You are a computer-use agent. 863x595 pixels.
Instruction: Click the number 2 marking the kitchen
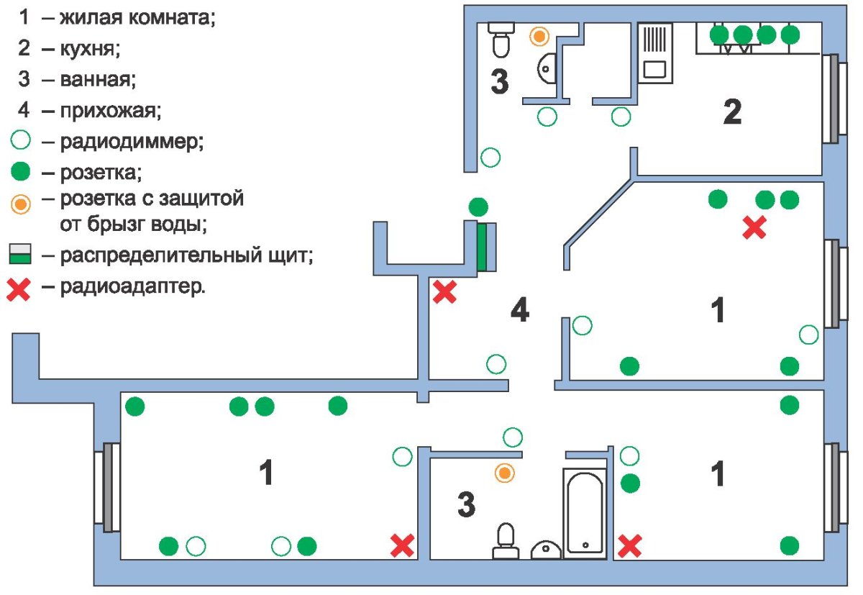click(731, 112)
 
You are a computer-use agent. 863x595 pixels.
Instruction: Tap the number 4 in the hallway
click(519, 311)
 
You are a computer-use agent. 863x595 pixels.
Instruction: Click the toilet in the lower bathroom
click(506, 540)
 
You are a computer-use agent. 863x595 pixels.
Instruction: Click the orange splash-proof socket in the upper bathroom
click(538, 35)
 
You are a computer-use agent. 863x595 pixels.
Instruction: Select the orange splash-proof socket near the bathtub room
click(506, 473)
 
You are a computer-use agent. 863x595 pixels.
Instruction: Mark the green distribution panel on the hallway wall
click(483, 247)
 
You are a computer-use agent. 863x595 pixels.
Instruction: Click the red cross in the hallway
click(444, 291)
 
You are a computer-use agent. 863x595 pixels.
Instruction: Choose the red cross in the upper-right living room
click(754, 228)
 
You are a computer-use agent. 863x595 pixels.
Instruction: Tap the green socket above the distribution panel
click(478, 207)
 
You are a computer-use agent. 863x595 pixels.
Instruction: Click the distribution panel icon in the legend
click(20, 255)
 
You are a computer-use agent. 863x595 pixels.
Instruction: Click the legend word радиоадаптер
click(132, 289)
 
